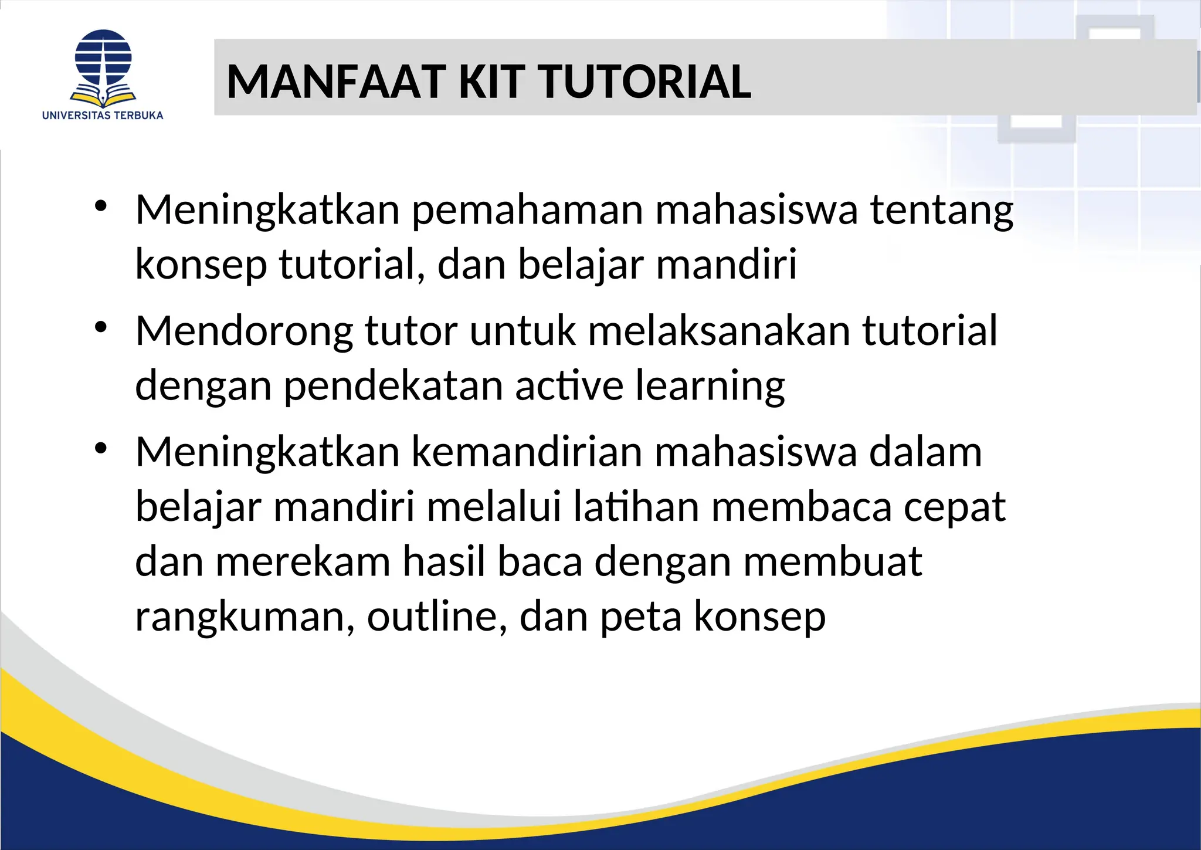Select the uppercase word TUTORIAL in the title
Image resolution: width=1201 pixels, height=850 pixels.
pos(644,82)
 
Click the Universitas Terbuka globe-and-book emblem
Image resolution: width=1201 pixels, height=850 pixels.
pos(103,67)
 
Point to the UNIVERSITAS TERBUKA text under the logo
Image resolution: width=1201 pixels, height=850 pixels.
pos(103,116)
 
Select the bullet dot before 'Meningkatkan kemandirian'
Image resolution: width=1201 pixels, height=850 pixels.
pos(101,449)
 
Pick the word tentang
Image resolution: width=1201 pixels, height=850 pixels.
pos(942,210)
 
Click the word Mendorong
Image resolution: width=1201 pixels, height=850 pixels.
pos(244,331)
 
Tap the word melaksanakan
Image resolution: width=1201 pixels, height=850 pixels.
pos(719,331)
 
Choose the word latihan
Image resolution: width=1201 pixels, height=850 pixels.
pos(636,507)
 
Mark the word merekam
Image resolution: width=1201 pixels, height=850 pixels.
pos(303,562)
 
